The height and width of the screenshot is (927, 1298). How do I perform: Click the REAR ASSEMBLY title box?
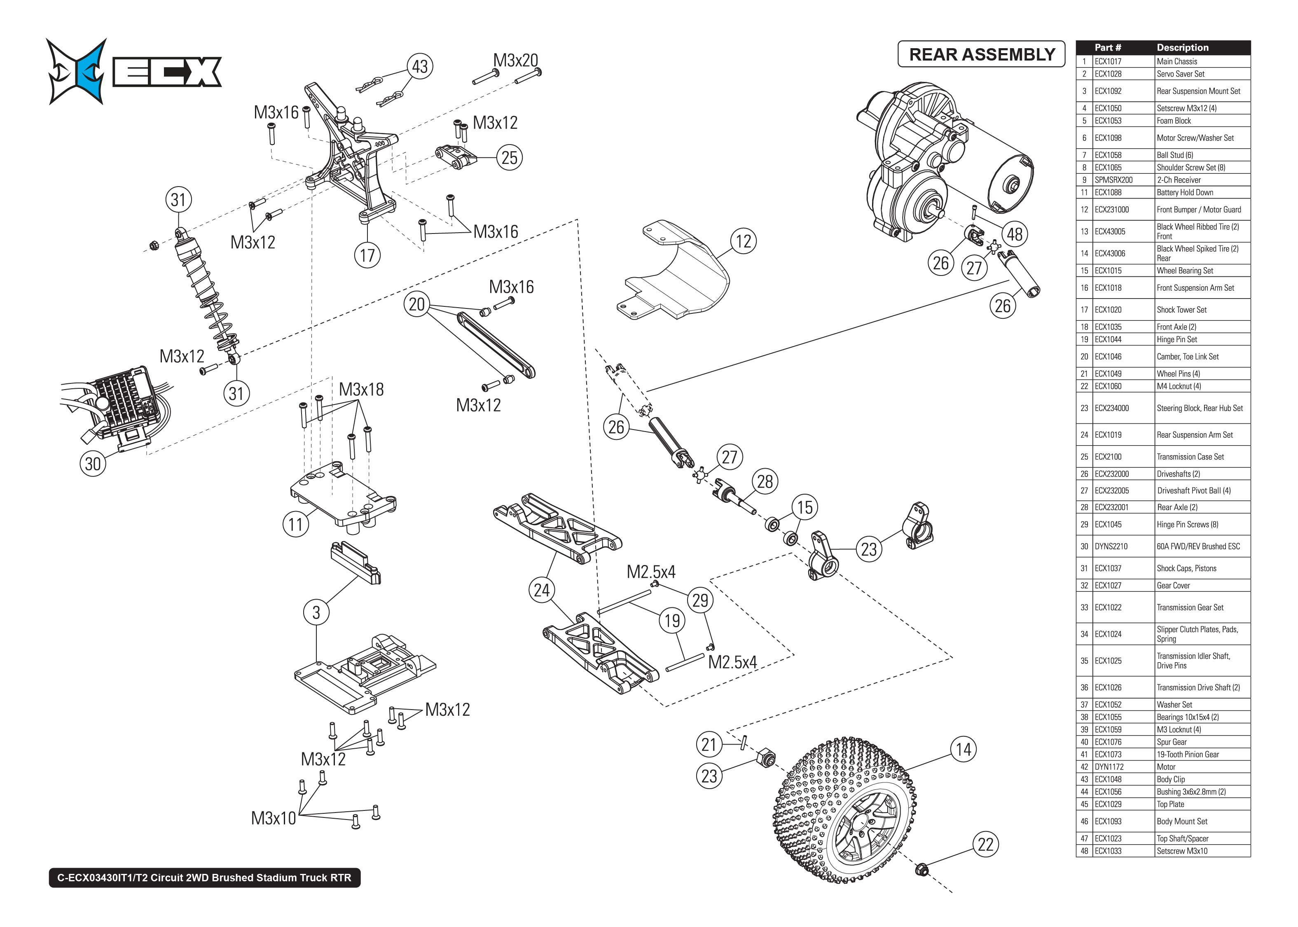tap(981, 54)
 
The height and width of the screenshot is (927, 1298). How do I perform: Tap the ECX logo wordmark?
tap(167, 72)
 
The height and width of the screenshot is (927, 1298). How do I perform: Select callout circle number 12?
tap(743, 241)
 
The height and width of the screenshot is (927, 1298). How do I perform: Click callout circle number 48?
tap(1014, 234)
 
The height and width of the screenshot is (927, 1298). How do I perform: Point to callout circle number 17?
tap(367, 255)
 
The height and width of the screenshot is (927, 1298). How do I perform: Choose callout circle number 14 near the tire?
tap(964, 749)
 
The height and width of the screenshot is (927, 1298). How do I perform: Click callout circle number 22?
tap(985, 844)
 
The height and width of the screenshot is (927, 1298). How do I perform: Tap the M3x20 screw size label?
tap(515, 61)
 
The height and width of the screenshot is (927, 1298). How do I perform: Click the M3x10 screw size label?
tap(274, 818)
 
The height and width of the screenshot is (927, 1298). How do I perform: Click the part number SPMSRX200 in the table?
tap(1113, 180)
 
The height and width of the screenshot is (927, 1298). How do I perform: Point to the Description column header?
tap(1182, 47)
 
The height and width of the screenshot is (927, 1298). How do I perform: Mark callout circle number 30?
tap(92, 464)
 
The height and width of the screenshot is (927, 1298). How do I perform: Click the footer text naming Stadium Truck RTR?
tap(204, 877)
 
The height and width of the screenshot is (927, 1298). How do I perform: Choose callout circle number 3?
tap(316, 612)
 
